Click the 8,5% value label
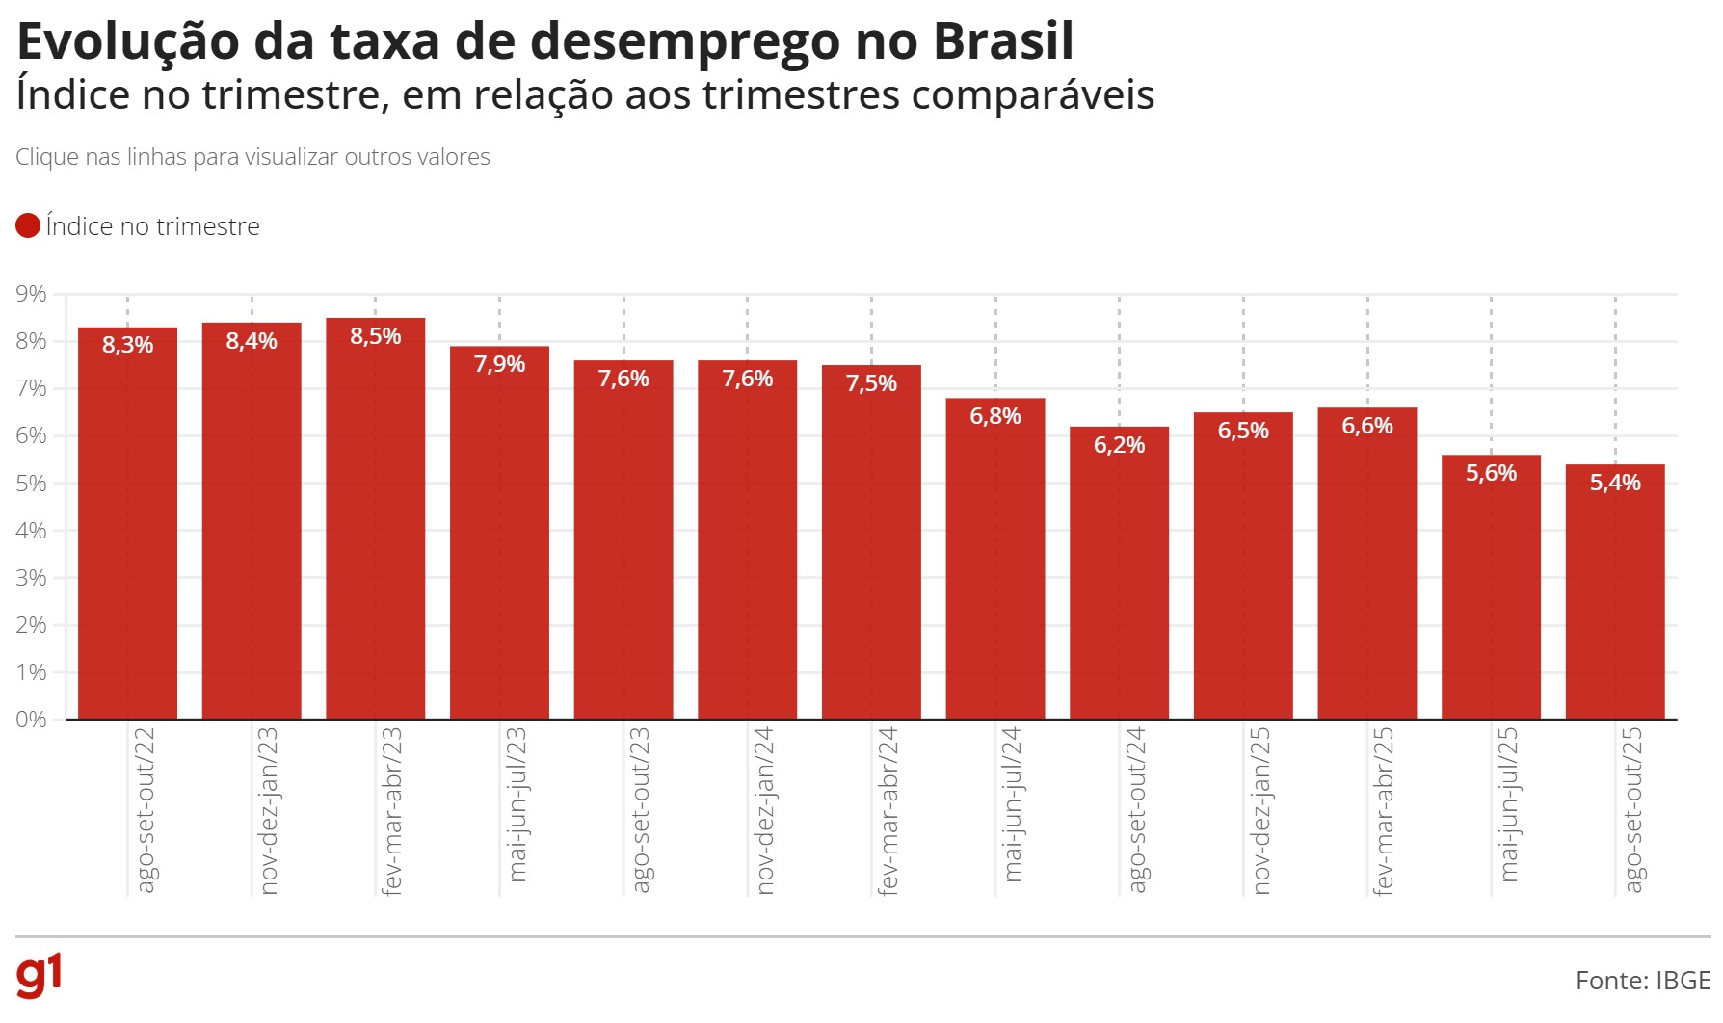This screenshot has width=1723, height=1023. tap(375, 336)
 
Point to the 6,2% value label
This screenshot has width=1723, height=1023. tap(1119, 445)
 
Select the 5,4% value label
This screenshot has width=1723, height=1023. tap(1615, 483)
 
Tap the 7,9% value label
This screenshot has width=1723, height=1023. tap(499, 364)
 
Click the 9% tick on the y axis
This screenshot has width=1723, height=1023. tap(31, 294)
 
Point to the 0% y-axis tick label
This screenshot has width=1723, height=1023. tap(31, 720)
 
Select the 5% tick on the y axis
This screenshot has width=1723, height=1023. tap(31, 484)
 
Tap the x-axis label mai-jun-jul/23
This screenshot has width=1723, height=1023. tap(517, 804)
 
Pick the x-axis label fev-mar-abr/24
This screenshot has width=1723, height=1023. tap(888, 811)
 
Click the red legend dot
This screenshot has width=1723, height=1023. tap(28, 226)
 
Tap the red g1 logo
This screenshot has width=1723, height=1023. tap(40, 976)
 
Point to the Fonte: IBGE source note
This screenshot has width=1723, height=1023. tap(1642, 981)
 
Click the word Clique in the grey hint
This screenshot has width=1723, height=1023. tap(46, 157)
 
